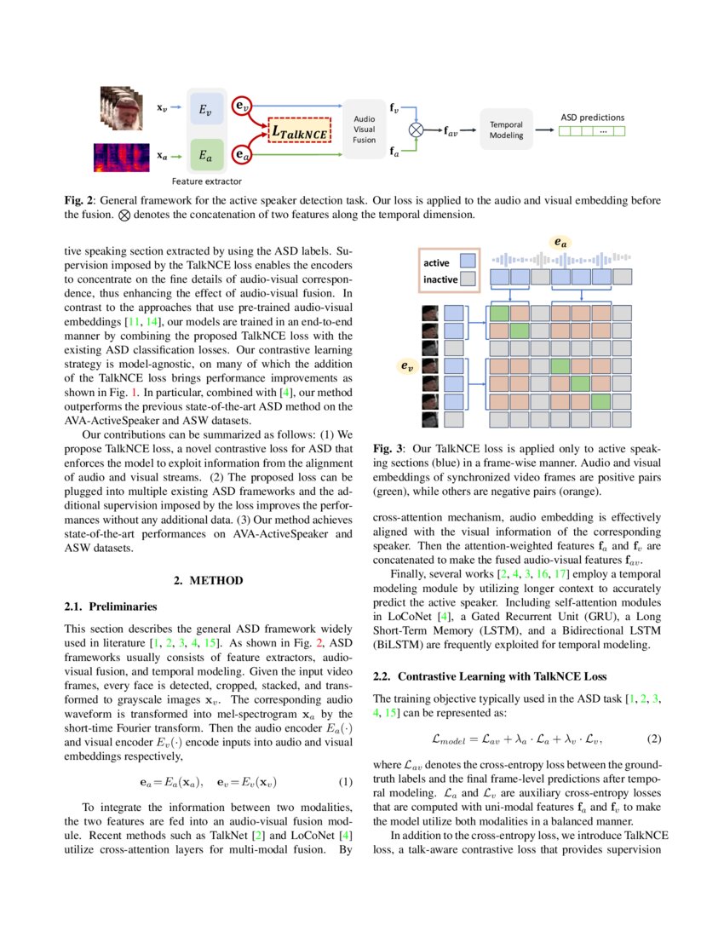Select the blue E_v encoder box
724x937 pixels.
206,109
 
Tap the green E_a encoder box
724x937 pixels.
206,156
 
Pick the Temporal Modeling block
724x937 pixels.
506,129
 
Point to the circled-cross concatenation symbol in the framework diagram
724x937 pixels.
416,129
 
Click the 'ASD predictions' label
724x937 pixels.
592,117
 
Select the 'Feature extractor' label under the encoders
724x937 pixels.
206,181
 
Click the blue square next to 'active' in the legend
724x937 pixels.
468,261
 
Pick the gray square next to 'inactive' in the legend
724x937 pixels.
468,279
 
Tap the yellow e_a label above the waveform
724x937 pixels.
560,243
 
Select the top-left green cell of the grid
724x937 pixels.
498,313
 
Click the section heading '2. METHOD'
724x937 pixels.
209,580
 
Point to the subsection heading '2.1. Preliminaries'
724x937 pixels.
111,607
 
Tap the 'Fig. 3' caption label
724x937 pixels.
388,448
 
